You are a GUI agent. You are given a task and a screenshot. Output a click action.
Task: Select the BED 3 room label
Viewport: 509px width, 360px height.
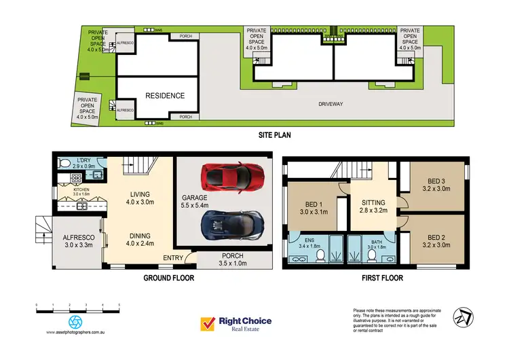[x=437, y=180]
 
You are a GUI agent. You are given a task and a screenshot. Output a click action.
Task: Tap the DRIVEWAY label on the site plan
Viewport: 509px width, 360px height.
[x=333, y=105]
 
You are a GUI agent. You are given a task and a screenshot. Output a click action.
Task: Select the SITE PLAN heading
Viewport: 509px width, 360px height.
[x=274, y=134]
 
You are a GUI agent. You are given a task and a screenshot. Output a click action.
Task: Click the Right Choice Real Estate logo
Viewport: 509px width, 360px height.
[x=235, y=324]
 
